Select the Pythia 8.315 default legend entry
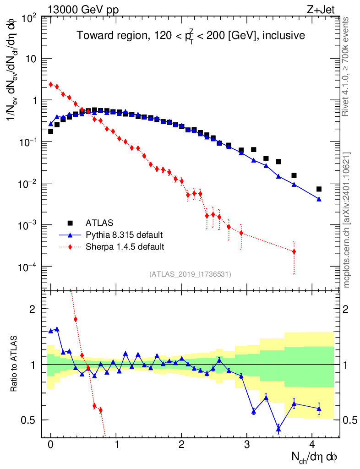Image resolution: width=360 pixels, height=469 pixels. [x=124, y=235]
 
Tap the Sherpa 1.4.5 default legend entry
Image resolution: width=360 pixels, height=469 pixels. [x=125, y=247]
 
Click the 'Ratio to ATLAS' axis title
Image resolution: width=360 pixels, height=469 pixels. [x=14, y=364]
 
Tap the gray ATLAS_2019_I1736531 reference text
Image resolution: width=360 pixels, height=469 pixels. [x=190, y=274]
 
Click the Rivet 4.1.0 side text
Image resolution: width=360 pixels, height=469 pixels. [x=346, y=66]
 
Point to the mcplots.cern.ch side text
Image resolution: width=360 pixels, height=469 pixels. [x=347, y=220]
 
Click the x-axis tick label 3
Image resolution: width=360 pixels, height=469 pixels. [x=247, y=444]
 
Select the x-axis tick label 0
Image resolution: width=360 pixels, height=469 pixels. [x=51, y=444]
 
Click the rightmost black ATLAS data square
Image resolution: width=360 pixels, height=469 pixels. [x=319, y=189]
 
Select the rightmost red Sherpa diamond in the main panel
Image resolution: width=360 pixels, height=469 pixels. [x=294, y=251]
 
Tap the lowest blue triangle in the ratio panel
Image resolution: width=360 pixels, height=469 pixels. [x=278, y=429]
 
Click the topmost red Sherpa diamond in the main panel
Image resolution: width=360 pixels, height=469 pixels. [x=51, y=84]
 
